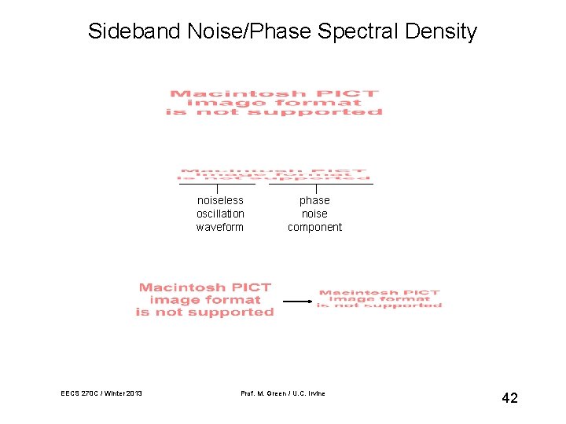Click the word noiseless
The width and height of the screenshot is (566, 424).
coord(220,200)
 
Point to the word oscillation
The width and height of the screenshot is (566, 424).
coord(220,214)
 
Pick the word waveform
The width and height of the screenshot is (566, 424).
coord(220,227)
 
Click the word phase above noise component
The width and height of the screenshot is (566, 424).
coord(314,200)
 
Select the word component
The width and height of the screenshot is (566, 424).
coord(314,227)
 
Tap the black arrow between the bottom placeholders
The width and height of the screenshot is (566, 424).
coord(297,301)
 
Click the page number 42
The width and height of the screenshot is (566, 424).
coord(509,398)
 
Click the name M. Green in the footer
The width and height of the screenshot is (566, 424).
coord(274,393)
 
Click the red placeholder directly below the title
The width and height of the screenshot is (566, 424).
coord(274,103)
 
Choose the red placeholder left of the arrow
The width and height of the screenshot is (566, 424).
coord(204,300)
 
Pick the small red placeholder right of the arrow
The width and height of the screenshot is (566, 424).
coord(379,298)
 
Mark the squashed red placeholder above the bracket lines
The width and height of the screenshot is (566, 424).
coord(274,174)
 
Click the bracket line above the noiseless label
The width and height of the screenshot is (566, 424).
coord(217,185)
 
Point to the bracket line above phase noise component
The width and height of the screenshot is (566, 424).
coord(321,185)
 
